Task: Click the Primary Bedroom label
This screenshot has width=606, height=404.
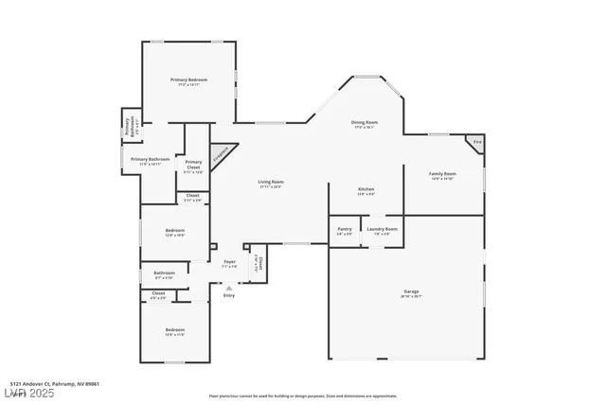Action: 188,79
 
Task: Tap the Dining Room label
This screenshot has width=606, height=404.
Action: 365,122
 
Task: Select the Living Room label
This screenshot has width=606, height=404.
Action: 272,182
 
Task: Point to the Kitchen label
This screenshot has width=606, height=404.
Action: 365,189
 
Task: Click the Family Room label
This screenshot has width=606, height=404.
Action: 442,174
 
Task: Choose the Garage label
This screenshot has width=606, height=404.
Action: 411,291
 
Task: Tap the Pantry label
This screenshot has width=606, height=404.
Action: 344,229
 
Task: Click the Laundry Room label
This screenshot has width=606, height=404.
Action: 383,229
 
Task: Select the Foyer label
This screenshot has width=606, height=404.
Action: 229,262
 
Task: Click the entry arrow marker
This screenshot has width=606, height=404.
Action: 228,288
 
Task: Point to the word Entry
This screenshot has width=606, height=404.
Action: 228,296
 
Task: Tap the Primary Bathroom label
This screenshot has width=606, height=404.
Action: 151,159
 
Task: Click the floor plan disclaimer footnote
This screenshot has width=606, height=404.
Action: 302,395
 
